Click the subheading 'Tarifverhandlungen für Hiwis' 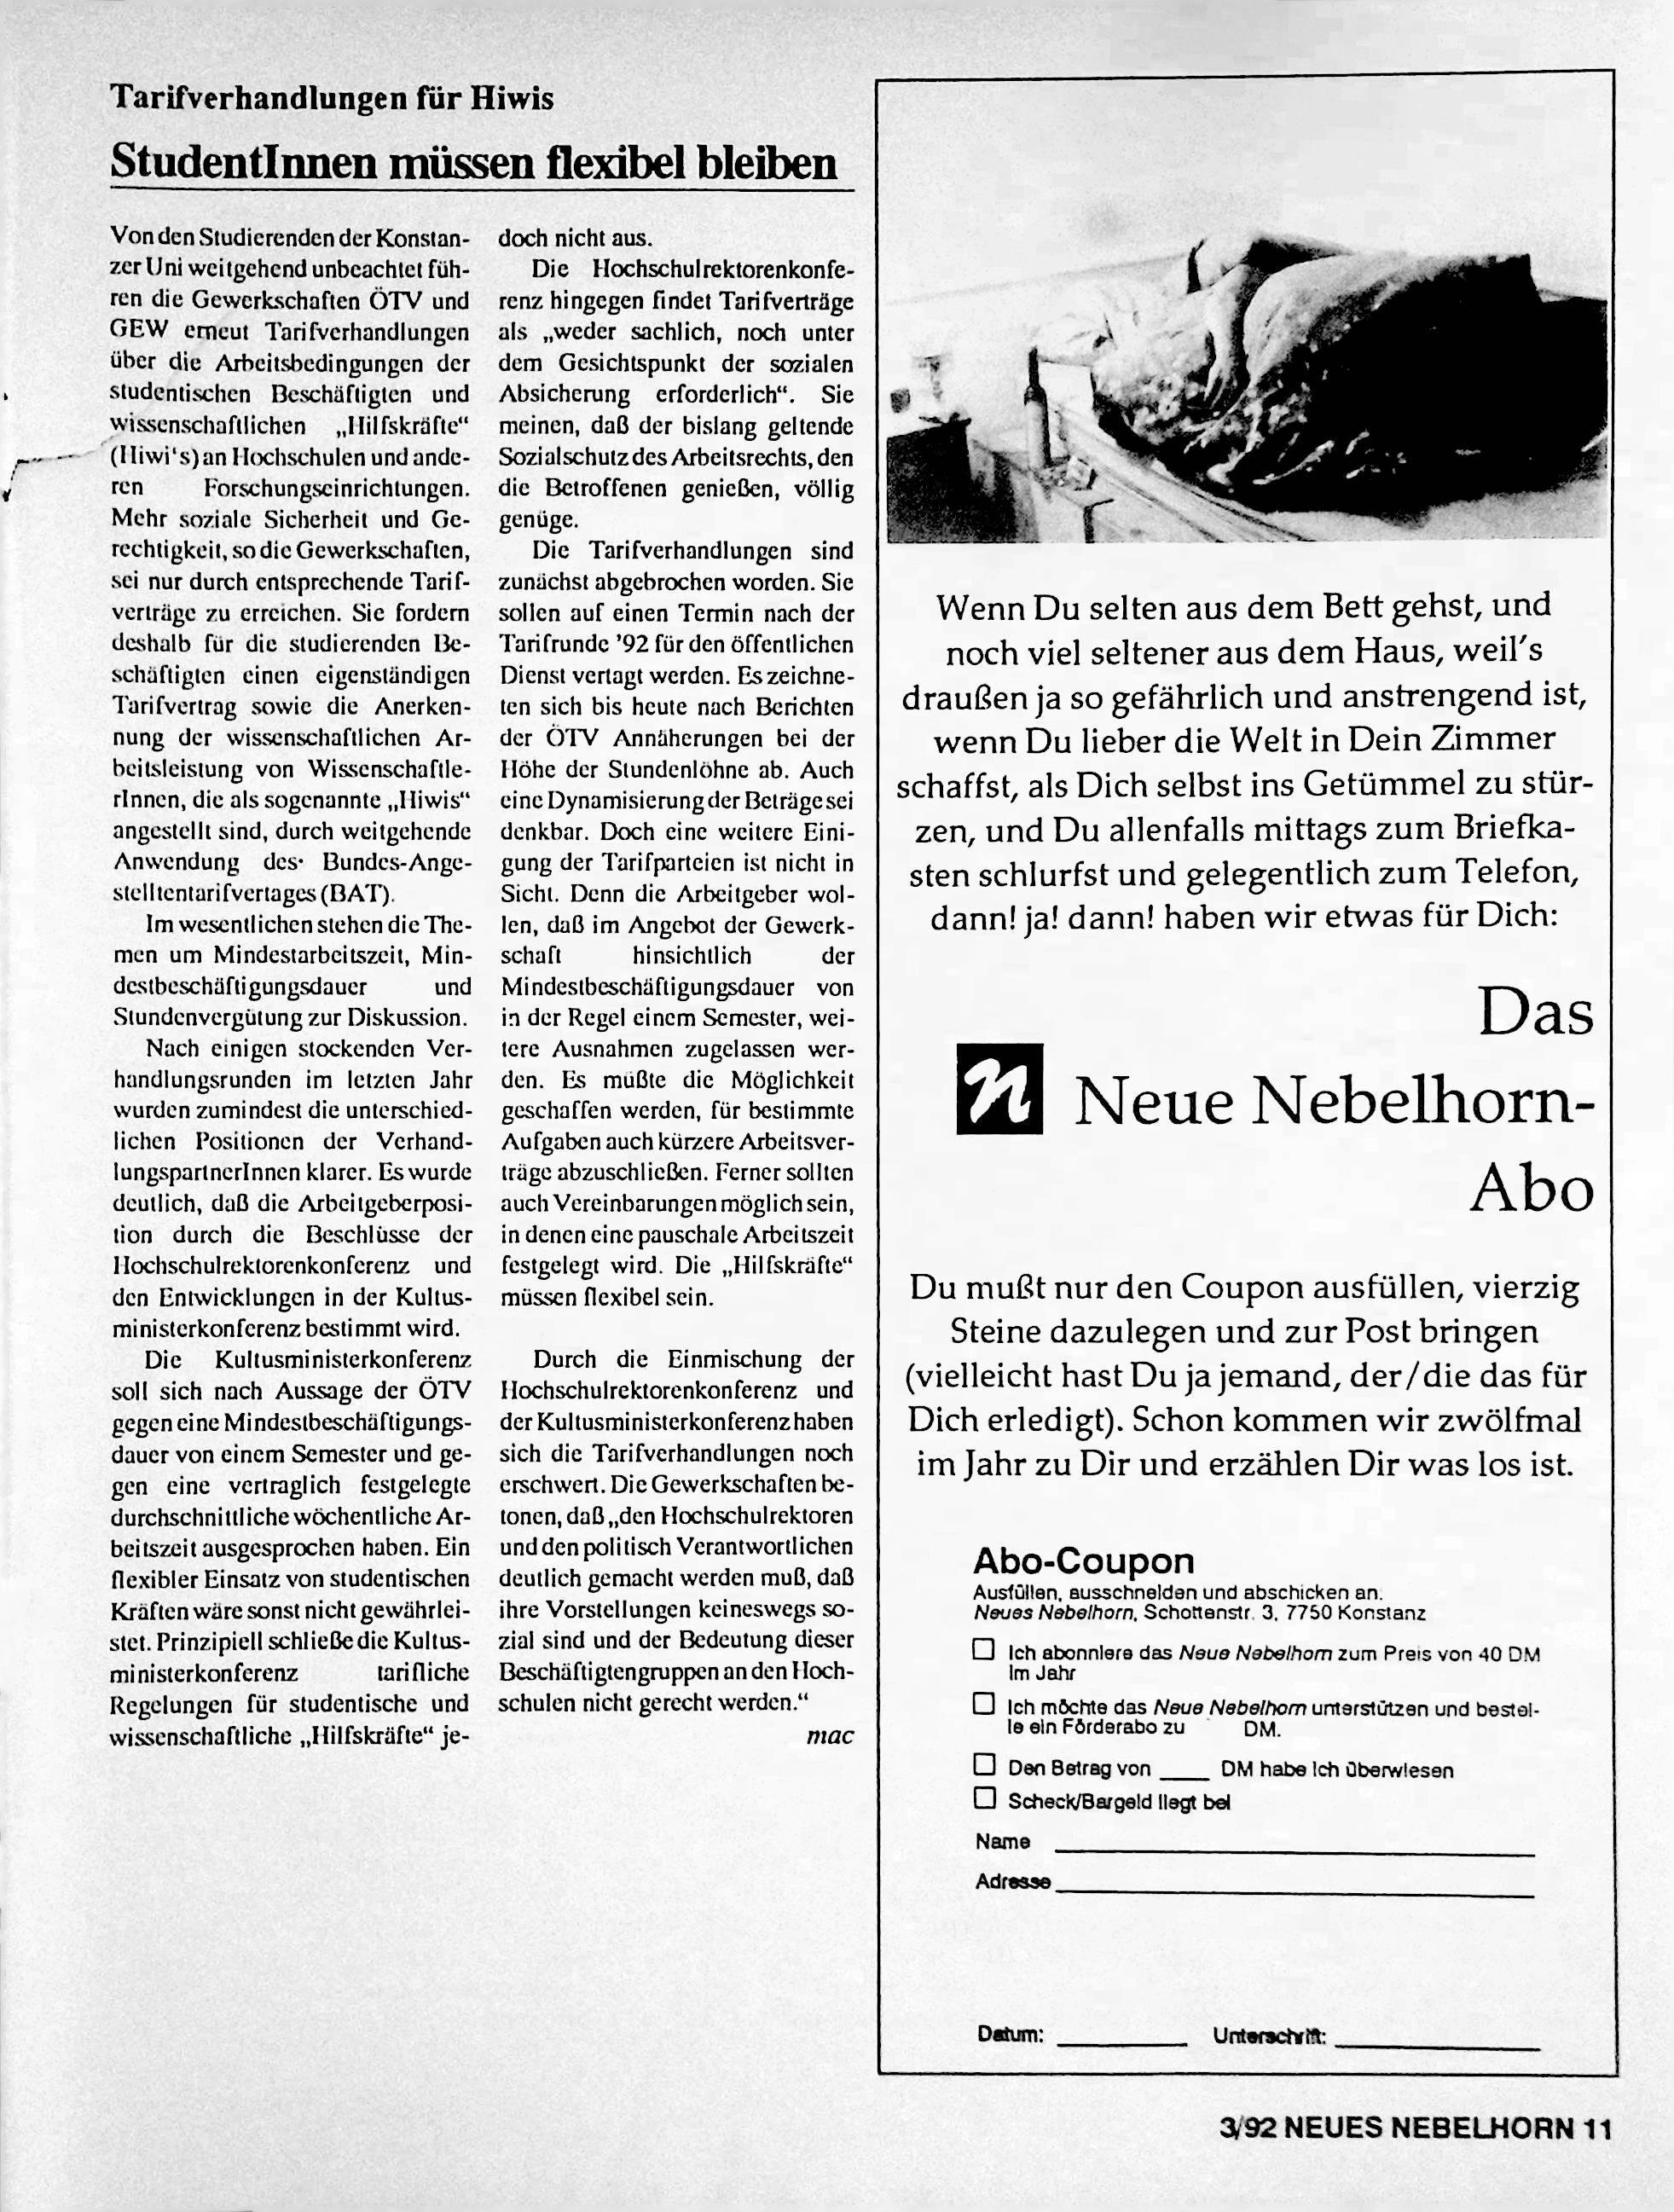[x=331, y=98]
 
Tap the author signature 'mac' [x=829, y=1735]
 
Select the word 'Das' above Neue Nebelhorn [x=1534, y=1013]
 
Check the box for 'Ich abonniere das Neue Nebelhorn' [x=984, y=1649]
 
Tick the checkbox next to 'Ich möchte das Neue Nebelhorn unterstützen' [x=984, y=1703]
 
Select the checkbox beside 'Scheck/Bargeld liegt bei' [x=984, y=1798]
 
